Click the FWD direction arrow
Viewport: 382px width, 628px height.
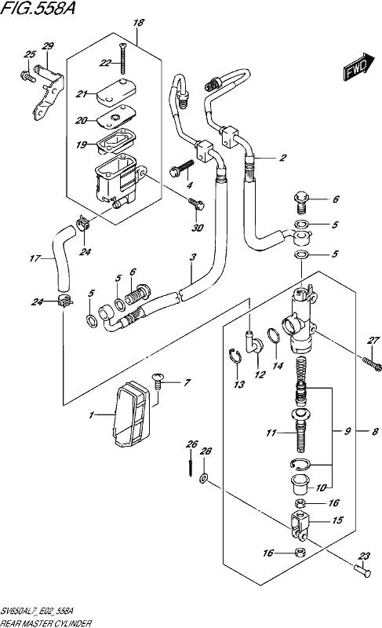pos(358,67)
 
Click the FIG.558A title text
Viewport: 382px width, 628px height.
pos(38,8)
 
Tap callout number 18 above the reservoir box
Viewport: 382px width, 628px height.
pos(138,23)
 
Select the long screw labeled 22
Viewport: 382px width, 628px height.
pos(122,58)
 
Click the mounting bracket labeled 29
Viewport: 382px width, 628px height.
pos(47,93)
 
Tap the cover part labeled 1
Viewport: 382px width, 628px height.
pos(132,414)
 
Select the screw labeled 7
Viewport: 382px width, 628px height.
pos(158,381)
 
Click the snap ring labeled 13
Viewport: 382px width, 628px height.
pos(235,356)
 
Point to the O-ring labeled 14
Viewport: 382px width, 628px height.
pos(272,336)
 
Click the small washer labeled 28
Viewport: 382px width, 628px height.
pos(203,478)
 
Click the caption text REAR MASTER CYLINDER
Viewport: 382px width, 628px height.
pos(46,623)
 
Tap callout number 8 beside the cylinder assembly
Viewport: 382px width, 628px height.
pos(375,431)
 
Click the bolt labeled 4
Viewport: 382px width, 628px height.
pos(182,168)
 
